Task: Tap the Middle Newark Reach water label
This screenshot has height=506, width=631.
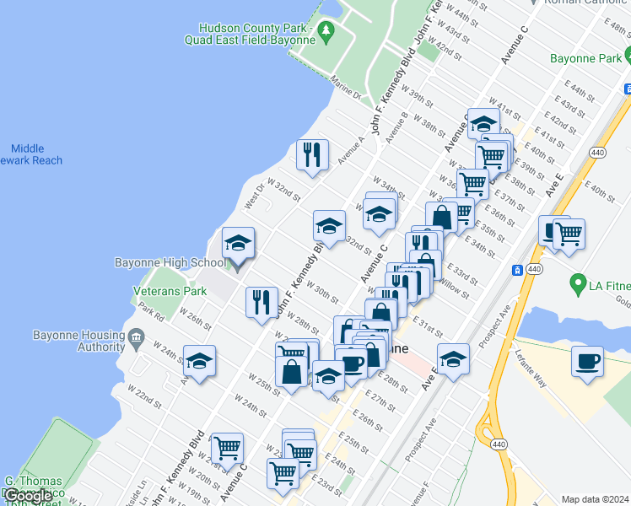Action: [32, 154]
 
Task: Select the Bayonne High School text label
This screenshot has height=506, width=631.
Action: [171, 263]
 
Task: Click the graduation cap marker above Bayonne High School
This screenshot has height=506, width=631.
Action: [238, 245]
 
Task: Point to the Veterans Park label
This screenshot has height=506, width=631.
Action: [170, 291]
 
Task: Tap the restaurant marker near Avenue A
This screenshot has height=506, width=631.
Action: [312, 154]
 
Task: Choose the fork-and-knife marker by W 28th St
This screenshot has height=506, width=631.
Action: [262, 302]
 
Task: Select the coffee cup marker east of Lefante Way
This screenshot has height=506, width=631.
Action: [587, 362]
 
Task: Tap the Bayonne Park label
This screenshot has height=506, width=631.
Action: [584, 59]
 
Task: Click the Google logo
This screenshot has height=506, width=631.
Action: [27, 496]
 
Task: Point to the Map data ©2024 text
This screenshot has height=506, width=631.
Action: [596, 499]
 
